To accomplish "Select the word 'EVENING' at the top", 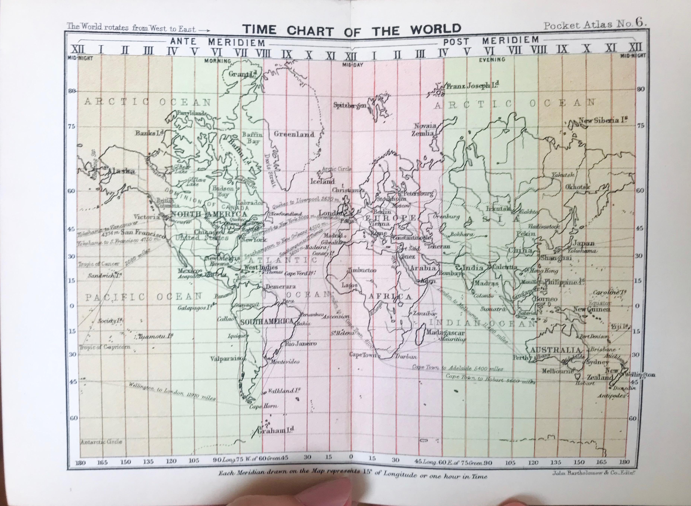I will click(x=492, y=60).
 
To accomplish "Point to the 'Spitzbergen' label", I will click(x=350, y=106).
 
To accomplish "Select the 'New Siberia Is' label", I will click(x=602, y=120).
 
